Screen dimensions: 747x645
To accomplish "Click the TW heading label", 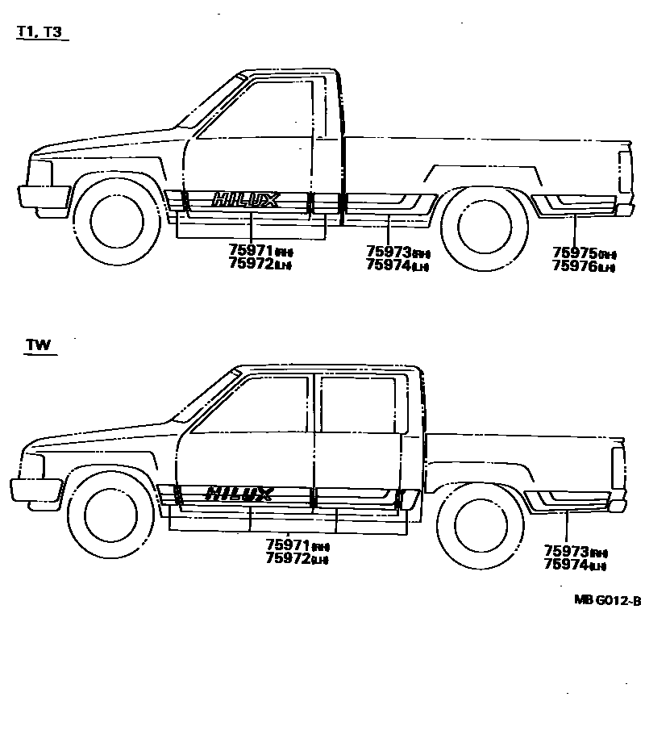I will click(x=38, y=345).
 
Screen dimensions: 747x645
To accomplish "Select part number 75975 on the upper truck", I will click(x=574, y=252).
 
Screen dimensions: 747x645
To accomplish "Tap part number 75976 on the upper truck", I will click(x=574, y=265).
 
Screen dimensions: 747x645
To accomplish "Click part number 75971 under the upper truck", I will click(x=251, y=251).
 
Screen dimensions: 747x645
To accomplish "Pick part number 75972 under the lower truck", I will click(x=288, y=558).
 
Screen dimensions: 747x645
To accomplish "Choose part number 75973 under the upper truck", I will click(x=388, y=252).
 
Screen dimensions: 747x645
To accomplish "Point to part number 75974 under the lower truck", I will click(x=566, y=565).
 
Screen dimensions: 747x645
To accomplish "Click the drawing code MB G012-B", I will click(x=607, y=600).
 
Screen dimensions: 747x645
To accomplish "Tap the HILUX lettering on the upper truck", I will click(x=246, y=199).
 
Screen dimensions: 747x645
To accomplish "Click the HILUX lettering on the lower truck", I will click(x=239, y=493).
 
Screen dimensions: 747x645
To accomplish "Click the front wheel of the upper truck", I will click(x=118, y=221).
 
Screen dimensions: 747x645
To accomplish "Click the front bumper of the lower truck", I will click(x=35, y=490).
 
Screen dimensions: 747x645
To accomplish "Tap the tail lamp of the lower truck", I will click(x=618, y=467).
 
